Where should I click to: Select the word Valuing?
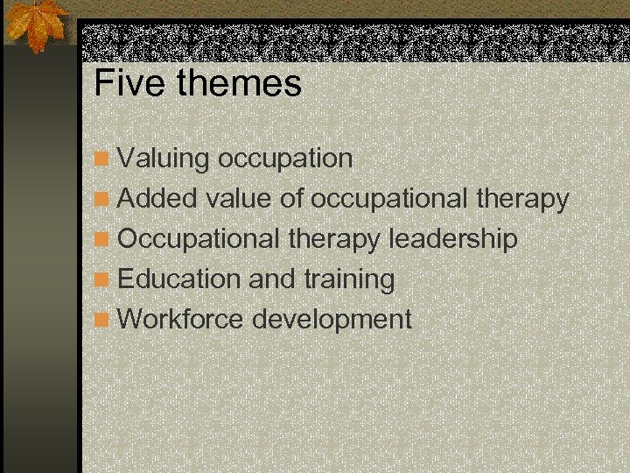point(164,159)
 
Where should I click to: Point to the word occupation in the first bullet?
point(285,159)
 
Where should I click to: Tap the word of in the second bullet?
point(291,199)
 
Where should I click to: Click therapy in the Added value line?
point(522,200)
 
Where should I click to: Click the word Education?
point(179,279)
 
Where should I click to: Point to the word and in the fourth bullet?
point(272,279)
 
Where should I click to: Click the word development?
point(332,320)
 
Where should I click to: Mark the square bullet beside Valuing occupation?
point(103,159)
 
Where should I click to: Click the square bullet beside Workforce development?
point(103,320)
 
